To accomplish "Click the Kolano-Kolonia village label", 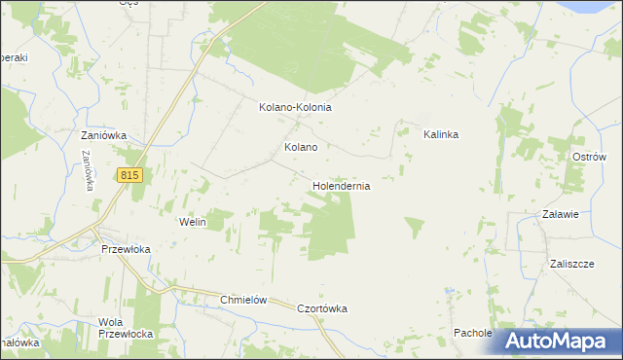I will [x=295, y=108].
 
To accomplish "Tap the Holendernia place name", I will [x=341, y=185].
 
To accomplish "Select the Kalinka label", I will [x=440, y=135].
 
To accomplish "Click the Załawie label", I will [x=562, y=215].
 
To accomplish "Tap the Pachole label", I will [x=472, y=333].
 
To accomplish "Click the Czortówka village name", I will [x=322, y=308].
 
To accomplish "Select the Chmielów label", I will [x=243, y=301].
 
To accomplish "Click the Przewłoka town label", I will [x=126, y=249].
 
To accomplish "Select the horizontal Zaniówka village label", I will [x=104, y=136].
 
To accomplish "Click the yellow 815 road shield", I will [x=130, y=175].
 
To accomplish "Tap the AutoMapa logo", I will [x=558, y=341].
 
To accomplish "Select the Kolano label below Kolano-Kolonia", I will [x=300, y=148].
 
